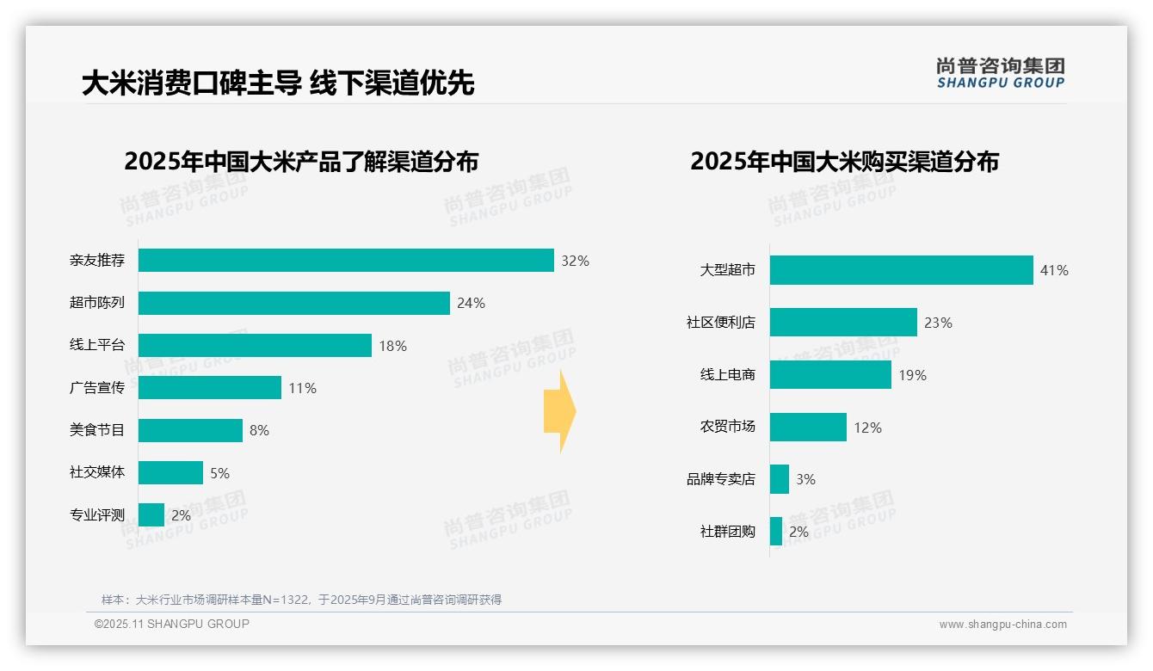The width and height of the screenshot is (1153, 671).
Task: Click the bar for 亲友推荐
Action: pos(346,261)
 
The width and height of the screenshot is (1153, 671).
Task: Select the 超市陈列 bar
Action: pos(294,303)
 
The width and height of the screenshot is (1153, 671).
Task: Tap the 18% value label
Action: pos(392,346)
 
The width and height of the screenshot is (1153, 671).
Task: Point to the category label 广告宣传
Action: pos(97,388)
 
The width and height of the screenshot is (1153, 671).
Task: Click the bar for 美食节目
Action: pos(190,430)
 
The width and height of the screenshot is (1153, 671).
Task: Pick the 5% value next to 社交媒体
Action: pos(219,473)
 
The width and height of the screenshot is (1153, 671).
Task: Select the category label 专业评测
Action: pos(97,515)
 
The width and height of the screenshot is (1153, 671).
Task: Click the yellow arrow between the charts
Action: pos(559,412)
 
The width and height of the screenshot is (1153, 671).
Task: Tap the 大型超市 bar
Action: pos(901,270)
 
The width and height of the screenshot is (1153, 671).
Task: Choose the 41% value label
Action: pos(1054,270)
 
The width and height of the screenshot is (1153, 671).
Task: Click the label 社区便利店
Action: pos(721,323)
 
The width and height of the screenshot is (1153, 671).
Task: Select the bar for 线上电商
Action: pos(830,375)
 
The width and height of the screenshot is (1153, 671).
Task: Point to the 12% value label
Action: pos(867,428)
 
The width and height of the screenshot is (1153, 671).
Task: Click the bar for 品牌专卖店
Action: pos(780,479)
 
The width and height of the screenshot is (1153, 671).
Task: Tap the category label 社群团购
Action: pos(728,532)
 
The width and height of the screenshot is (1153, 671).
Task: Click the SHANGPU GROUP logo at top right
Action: pos(1000,73)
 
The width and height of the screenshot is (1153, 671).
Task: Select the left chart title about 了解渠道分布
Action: pos(301,162)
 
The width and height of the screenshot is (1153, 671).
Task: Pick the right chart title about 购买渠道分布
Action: pos(844,162)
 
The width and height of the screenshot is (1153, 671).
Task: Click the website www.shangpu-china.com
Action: pos(1002,625)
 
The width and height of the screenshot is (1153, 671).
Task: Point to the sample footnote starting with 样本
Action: pos(301,600)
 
